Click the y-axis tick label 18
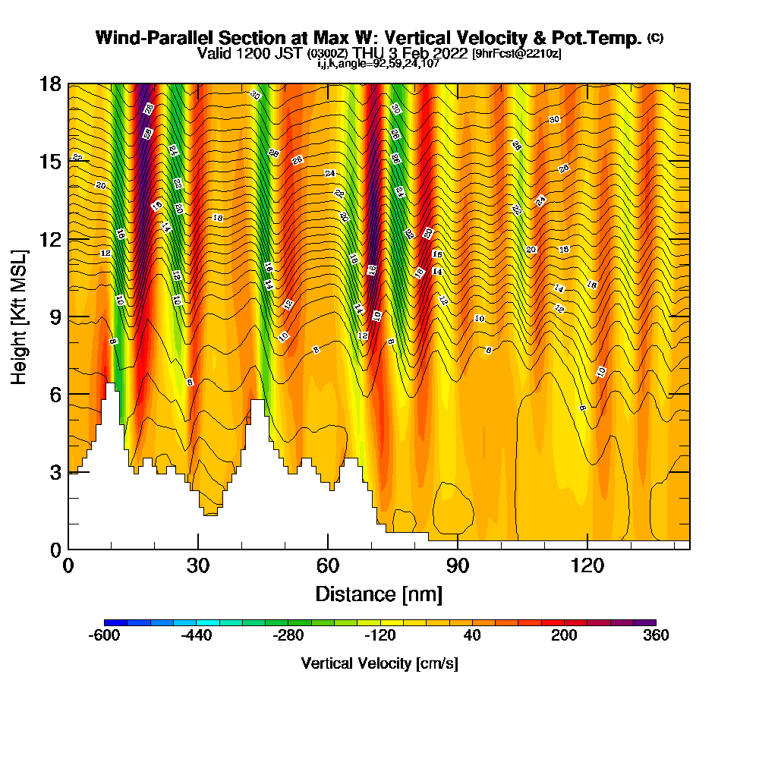(50, 84)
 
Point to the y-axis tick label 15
(50, 162)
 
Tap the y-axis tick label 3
(55, 471)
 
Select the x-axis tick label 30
(198, 565)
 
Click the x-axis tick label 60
(328, 565)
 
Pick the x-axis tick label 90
(458, 565)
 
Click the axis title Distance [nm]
(379, 594)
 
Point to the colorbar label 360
(656, 636)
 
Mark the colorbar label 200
(564, 636)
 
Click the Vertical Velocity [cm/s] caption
(379, 663)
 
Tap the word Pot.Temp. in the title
(603, 38)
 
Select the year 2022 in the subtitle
(448, 53)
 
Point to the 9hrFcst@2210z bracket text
(517, 54)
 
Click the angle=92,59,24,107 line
(379, 64)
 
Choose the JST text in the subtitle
(290, 53)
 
